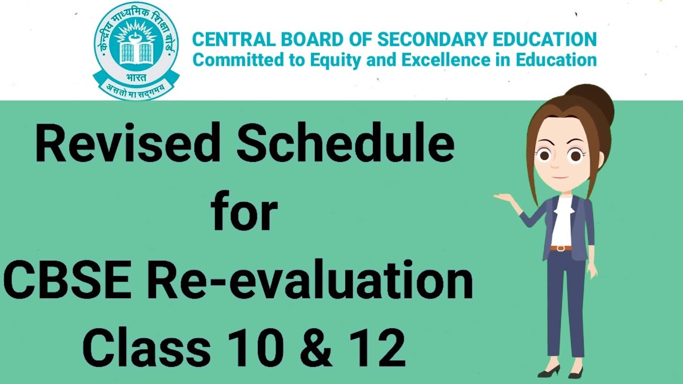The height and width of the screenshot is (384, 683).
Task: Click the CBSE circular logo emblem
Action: click(x=137, y=48)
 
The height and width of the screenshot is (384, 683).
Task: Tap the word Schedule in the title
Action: click(x=346, y=143)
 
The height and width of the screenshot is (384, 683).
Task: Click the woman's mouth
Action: click(x=556, y=178)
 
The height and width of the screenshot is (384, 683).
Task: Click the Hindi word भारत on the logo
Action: click(x=136, y=76)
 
